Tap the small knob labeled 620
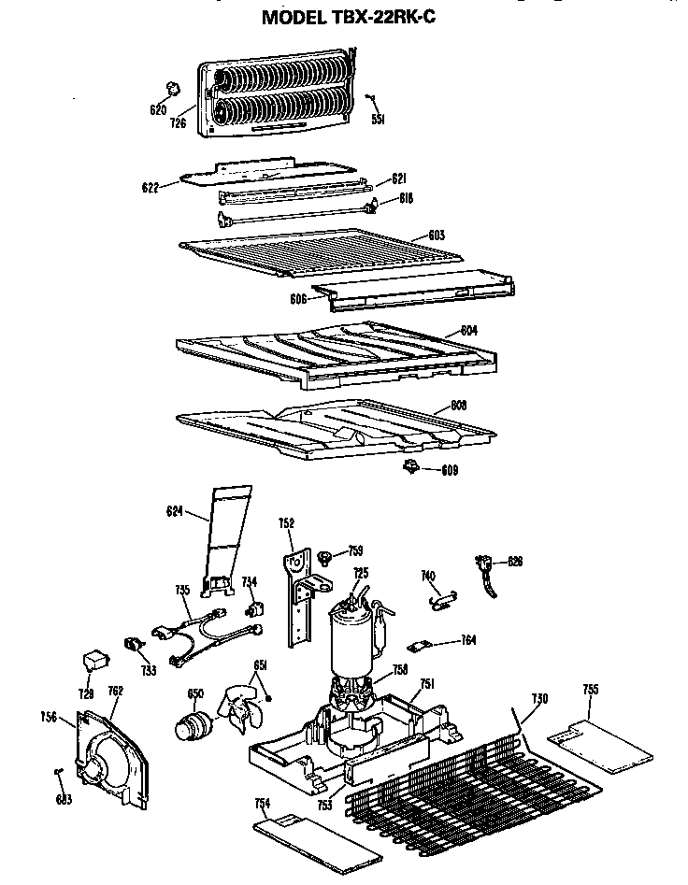(171, 87)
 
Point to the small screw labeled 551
(372, 98)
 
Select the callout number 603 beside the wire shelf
(436, 234)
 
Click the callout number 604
(468, 331)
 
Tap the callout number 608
(458, 405)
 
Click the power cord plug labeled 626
(487, 566)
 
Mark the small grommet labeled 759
(325, 558)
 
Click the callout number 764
(468, 640)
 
